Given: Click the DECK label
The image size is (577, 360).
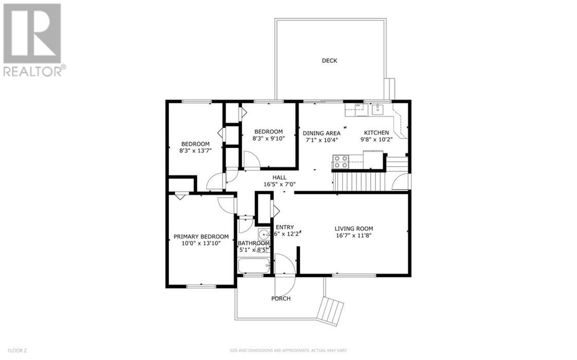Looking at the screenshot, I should click(329, 61).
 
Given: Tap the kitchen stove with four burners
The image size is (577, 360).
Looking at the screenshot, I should click(340, 162).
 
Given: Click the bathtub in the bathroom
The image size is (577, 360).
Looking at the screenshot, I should click(254, 266).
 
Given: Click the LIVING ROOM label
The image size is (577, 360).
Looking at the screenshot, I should click(353, 229).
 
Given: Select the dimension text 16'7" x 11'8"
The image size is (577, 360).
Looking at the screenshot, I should click(353, 236).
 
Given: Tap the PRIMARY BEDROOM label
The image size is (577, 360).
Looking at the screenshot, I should click(201, 237).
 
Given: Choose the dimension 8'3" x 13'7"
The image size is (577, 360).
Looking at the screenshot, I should click(195, 150).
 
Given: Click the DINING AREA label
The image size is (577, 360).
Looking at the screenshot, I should click(321, 133).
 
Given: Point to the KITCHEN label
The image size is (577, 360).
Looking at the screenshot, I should click(376, 133).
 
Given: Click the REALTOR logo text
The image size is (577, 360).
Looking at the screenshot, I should click(34, 70).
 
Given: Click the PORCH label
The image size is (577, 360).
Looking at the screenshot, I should click(281, 299).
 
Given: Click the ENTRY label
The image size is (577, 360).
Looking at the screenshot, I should click(284, 227).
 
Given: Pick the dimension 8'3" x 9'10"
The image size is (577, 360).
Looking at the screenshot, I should click(268, 138).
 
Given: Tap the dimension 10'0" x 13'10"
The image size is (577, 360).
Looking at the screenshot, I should click(201, 243).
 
